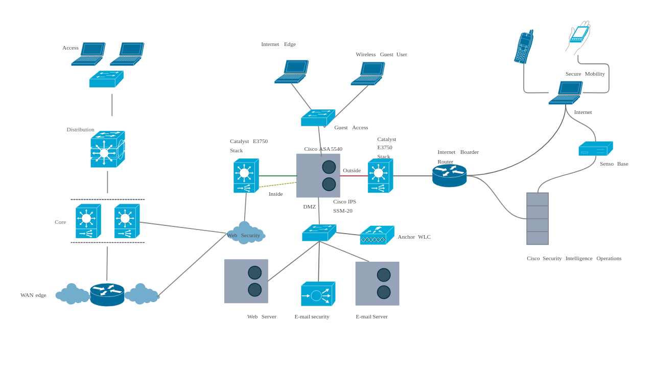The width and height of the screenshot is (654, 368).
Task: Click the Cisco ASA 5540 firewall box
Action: (318, 175)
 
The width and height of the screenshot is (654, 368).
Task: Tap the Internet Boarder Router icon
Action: (449, 175)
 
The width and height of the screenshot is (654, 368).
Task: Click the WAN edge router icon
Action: (107, 294)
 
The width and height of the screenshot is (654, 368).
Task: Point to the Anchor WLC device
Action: (377, 236)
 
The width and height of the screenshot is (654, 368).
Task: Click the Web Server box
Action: (246, 281)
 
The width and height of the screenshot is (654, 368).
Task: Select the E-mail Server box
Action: (377, 284)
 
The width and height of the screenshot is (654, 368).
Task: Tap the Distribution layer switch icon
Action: (107, 149)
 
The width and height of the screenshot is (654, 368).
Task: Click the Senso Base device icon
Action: (595, 149)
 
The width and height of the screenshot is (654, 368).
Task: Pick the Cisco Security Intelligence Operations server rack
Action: (537, 219)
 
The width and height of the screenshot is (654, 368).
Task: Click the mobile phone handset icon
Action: (524, 47)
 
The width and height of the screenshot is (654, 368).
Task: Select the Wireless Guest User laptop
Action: (367, 74)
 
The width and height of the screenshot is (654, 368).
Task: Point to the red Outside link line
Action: (354, 176)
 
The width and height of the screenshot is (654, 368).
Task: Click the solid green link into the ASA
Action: (277, 176)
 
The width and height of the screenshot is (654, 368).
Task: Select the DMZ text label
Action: (309, 206)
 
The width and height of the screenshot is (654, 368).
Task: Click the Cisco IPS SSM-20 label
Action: (344, 206)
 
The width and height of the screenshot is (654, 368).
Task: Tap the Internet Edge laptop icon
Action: (291, 72)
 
